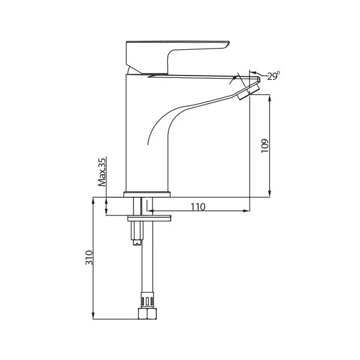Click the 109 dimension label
click(x=265, y=146)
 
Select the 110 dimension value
click(x=198, y=207)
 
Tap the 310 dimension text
click(x=89, y=257)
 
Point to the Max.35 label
click(x=102, y=172)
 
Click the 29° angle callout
click(x=274, y=76)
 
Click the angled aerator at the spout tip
click(x=249, y=91)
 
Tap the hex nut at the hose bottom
click(x=148, y=314)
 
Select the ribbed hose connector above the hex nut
click(x=147, y=300)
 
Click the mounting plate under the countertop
click(x=149, y=218)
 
